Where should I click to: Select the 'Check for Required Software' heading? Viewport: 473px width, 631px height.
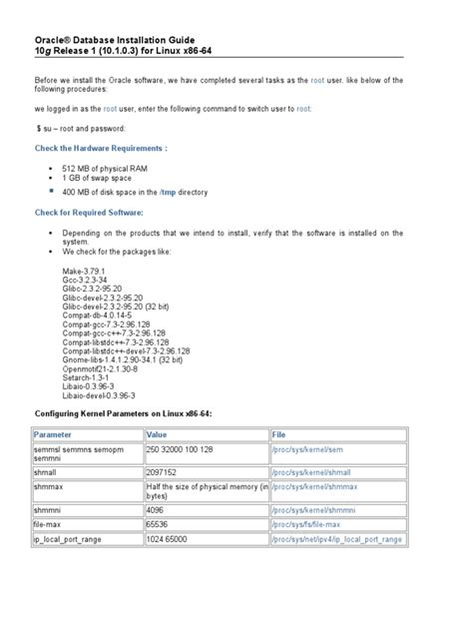(x=89, y=213)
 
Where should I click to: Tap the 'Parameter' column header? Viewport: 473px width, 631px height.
(x=53, y=434)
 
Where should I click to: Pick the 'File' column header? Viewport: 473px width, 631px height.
(x=279, y=434)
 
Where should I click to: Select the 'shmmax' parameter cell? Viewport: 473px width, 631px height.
(x=49, y=486)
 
